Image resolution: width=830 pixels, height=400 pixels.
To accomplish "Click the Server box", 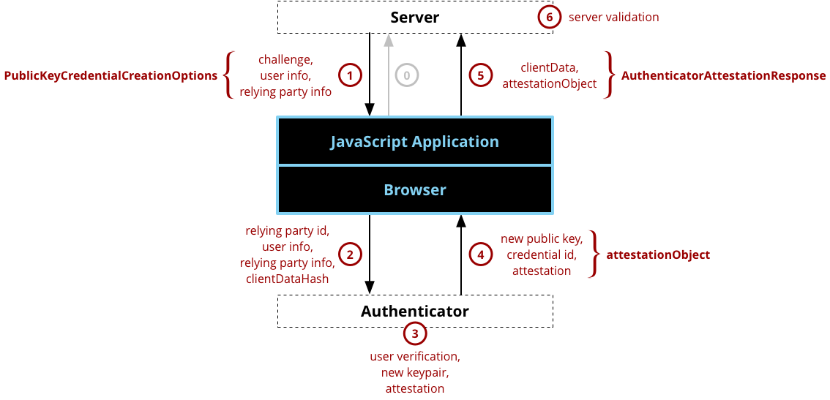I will point(414,17).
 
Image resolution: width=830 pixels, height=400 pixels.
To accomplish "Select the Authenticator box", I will point(414,311).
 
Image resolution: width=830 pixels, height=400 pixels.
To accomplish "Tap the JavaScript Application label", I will point(414,141).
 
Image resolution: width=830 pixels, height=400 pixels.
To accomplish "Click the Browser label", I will point(414,190).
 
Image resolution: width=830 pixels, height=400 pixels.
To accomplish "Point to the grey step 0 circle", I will point(407,75).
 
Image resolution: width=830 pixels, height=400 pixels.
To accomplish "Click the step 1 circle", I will point(350,75).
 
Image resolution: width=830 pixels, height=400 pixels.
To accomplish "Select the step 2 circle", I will point(350,254).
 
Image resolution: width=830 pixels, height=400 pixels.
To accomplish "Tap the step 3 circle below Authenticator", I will point(415,334).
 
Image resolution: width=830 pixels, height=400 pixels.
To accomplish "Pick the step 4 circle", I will point(480,254).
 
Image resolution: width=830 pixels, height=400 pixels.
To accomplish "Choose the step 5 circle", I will point(480,75).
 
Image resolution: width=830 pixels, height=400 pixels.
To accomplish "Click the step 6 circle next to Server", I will point(549,17).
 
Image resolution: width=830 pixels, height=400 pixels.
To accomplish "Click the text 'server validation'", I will point(613,17).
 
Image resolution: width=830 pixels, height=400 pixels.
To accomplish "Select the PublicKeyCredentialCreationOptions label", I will point(111,75).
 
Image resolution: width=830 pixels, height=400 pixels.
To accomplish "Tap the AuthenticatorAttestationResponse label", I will point(723,75).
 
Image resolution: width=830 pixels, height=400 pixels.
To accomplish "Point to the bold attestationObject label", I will point(658,255).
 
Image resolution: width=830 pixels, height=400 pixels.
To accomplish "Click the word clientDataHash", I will point(287,279).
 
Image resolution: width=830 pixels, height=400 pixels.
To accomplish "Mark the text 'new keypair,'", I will point(414,373).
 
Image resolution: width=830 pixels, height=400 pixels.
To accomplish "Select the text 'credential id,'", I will point(542,254).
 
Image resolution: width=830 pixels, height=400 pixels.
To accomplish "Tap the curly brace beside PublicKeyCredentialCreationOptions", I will point(228,75).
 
